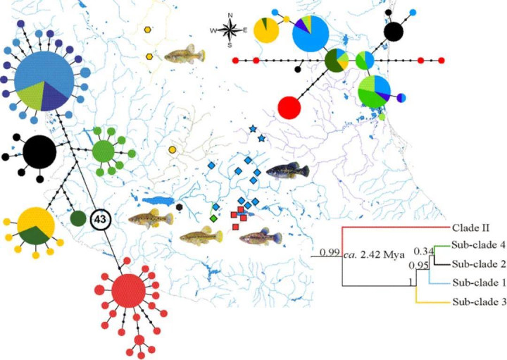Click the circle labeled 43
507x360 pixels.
(x=100, y=220)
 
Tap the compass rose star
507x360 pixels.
(x=230, y=30)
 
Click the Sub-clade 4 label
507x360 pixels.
(x=479, y=245)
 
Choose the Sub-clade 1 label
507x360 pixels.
(x=479, y=283)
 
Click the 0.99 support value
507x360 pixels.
(x=330, y=252)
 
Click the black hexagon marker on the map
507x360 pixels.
(x=179, y=207)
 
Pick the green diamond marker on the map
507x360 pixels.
(x=213, y=218)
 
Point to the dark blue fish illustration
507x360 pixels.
(x=287, y=170)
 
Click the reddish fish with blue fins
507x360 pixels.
(x=261, y=237)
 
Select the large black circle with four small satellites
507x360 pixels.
(x=39, y=152)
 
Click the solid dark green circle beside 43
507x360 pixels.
(x=78, y=218)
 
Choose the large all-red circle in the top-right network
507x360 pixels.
(x=289, y=108)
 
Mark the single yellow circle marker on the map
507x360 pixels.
(x=173, y=150)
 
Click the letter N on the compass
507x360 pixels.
(x=230, y=15)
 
